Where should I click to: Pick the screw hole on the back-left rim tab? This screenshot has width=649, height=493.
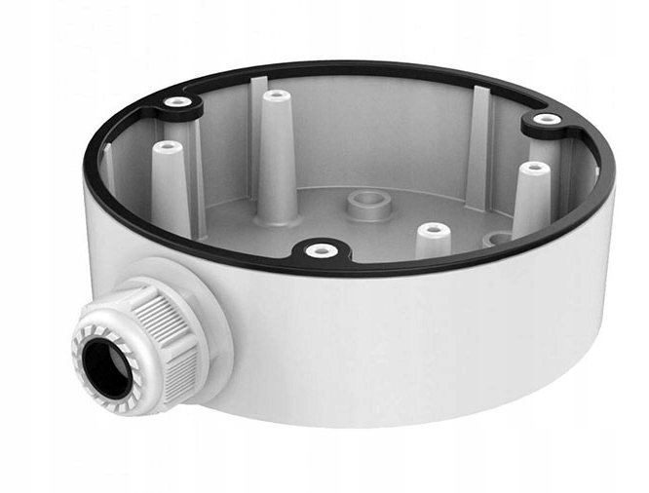click(x=176, y=102)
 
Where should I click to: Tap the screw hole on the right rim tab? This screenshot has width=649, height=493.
click(x=548, y=120)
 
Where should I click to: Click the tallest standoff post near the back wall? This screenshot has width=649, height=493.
click(x=278, y=156)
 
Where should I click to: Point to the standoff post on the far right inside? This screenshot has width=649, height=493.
click(x=532, y=200)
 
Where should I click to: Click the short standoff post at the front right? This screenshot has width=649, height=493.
click(x=434, y=242)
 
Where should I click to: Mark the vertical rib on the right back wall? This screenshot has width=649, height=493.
click(x=478, y=146)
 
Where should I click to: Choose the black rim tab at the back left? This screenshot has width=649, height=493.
click(x=178, y=107)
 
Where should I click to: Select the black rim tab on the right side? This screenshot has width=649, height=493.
click(x=546, y=125)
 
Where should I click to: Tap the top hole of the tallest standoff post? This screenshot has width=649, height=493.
click(x=278, y=95)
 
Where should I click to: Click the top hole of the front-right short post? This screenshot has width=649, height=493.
click(x=434, y=230)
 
